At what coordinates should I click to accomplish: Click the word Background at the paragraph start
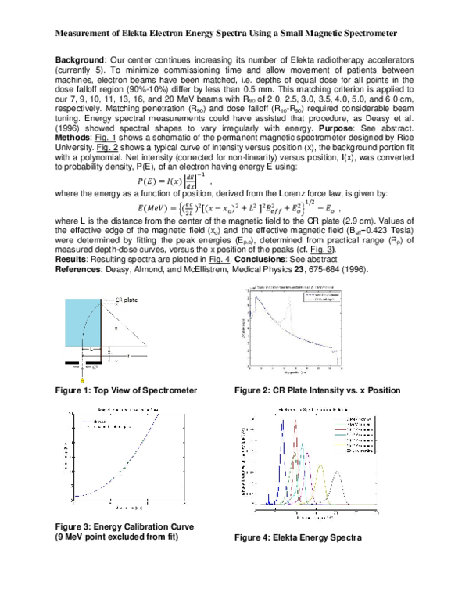coord(83,60)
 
